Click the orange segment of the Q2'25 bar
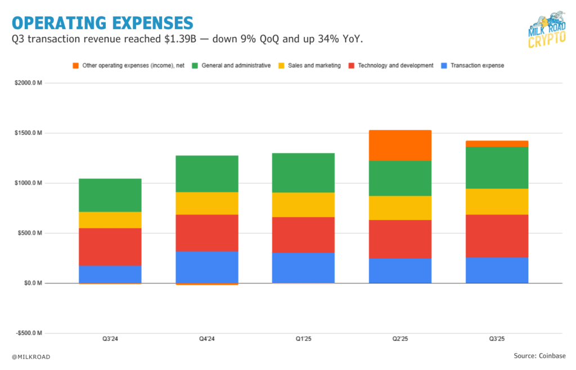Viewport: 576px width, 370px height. click(x=400, y=146)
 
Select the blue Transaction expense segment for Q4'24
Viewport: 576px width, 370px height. click(x=206, y=267)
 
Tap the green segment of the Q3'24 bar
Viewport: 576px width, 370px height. click(x=110, y=195)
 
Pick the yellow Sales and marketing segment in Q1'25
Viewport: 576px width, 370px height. click(x=303, y=205)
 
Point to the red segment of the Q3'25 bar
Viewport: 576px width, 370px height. click(x=497, y=236)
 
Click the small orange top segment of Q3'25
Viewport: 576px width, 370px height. click(x=497, y=144)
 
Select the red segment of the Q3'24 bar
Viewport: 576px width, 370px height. click(x=110, y=247)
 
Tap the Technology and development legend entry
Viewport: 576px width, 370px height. click(x=390, y=66)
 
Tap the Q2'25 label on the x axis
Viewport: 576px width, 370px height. click(x=400, y=339)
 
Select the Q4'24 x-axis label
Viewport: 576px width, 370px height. click(x=206, y=339)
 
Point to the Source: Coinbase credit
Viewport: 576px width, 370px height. click(x=539, y=356)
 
